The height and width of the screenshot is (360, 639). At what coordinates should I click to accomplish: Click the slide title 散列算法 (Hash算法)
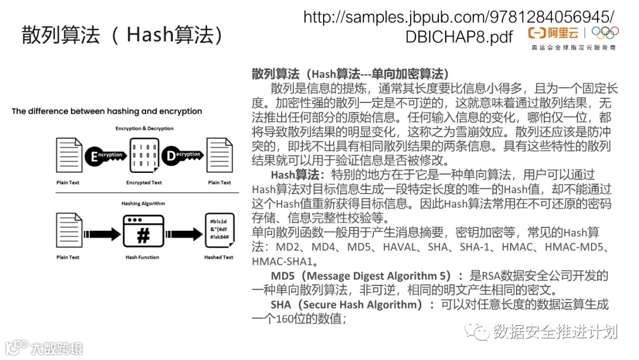122,34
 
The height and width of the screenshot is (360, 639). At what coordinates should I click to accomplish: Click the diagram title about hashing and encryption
107,111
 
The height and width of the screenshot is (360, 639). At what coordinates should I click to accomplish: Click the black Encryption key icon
105,156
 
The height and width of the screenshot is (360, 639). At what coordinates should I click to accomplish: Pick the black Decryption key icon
182,155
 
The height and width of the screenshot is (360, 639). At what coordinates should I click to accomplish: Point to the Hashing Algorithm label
143,204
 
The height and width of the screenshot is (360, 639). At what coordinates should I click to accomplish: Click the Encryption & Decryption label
144,128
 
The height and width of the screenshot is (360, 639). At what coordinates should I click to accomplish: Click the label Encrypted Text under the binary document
144,183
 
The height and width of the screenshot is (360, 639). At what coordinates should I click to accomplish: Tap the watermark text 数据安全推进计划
554,331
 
